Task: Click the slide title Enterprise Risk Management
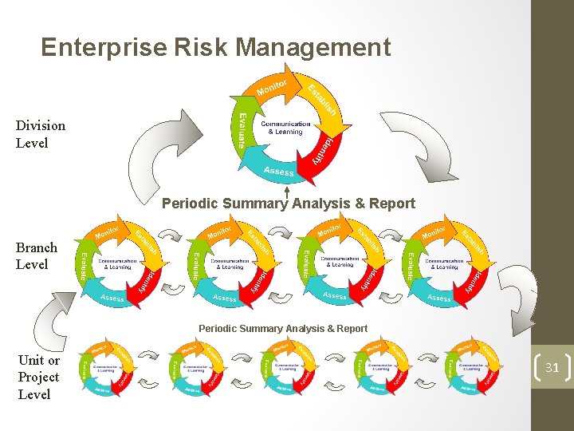click(215, 48)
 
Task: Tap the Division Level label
click(40, 134)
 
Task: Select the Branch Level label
click(37, 255)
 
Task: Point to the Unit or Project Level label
click(38, 377)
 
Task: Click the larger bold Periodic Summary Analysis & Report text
click(288, 204)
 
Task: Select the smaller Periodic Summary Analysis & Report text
click(283, 328)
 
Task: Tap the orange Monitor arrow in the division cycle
click(271, 85)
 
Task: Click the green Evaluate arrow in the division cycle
click(241, 128)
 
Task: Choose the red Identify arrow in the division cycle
click(319, 148)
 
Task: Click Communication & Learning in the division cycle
click(285, 128)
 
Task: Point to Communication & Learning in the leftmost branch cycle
click(115, 263)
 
